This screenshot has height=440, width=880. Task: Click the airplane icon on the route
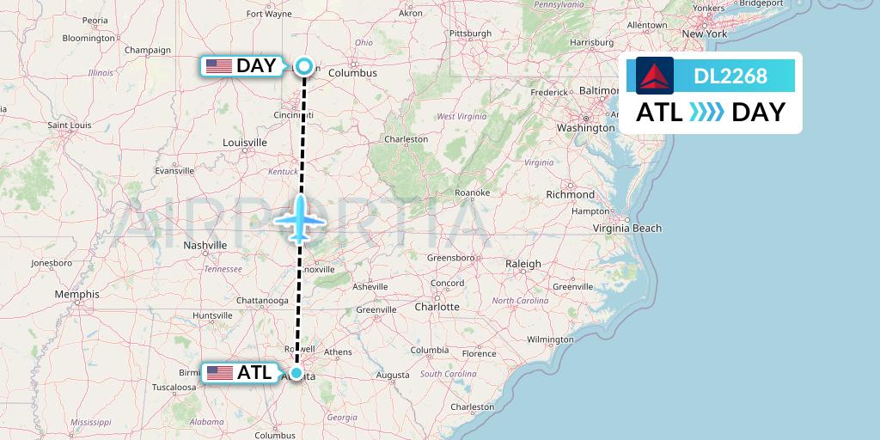pos(300,219)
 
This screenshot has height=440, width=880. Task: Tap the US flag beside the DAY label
pos(218,65)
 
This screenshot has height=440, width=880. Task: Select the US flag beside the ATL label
pos(220,373)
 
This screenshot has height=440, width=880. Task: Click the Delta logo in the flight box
pos(655,75)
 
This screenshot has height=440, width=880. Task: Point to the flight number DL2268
pos(730,76)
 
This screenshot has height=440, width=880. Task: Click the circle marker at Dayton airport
pos(304,65)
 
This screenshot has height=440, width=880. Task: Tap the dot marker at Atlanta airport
pos(296,373)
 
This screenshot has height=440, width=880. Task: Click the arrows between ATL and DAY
pos(707,113)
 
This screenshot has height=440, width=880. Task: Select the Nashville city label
pos(205,245)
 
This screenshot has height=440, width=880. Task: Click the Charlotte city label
pos(437,306)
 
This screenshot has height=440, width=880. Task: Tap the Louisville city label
pos(244,142)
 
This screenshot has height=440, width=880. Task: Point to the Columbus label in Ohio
pos(352,73)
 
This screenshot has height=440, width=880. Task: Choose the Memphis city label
pos(76,294)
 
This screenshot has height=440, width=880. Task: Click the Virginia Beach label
pos(627,228)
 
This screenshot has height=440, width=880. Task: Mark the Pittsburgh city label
pos(469,34)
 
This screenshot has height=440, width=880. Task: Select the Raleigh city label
pos(523,264)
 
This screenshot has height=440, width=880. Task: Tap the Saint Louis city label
pos(70,125)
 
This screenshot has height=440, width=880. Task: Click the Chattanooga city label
pos(262,301)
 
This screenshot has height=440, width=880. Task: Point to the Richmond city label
pos(569,194)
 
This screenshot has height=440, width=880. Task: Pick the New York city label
pos(705,34)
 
